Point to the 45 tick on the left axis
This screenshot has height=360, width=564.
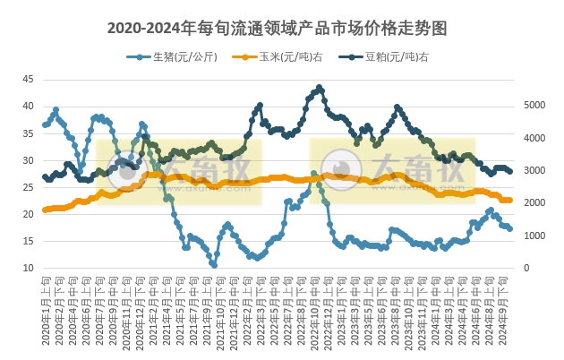(x=28, y=80)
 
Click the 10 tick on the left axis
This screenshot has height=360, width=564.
(x=28, y=269)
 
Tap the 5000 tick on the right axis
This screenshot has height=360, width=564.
(x=532, y=106)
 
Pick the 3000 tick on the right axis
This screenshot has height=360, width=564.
(x=532, y=171)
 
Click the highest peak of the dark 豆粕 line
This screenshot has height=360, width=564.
(x=320, y=88)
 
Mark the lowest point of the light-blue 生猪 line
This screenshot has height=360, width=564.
(x=214, y=265)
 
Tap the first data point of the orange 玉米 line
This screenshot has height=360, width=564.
(x=45, y=210)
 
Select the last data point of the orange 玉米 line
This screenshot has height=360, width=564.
(x=509, y=200)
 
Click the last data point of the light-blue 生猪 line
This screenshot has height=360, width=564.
(x=509, y=229)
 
